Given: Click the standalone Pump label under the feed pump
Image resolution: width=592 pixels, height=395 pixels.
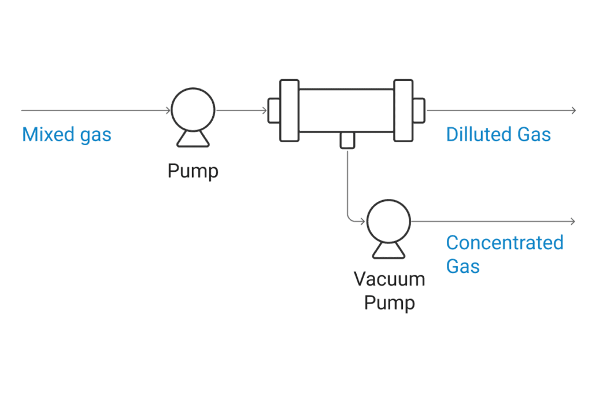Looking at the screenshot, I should [194, 171].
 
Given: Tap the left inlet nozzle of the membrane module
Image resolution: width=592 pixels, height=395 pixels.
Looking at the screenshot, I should [273, 110].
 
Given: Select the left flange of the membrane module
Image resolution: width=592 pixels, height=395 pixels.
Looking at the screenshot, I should [289, 110].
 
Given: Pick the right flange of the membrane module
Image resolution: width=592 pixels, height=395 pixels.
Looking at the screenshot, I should [404, 110].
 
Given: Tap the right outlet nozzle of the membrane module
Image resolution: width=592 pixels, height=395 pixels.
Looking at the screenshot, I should [419, 110].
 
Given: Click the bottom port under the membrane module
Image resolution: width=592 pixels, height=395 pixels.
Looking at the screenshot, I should [347, 139].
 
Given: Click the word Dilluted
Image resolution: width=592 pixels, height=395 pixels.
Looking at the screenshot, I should [478, 135].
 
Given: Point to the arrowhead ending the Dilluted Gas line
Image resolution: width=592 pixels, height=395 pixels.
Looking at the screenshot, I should [573, 110].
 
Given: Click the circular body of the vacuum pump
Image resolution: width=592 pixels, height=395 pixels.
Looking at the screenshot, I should [388, 222].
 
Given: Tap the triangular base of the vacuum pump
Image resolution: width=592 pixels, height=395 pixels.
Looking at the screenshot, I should [388, 250].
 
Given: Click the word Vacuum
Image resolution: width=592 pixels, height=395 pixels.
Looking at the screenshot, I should [389, 279].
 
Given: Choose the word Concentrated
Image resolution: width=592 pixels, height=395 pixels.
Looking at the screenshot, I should [505, 243].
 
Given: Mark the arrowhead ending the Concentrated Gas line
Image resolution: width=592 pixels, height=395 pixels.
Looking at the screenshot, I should [573, 222].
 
